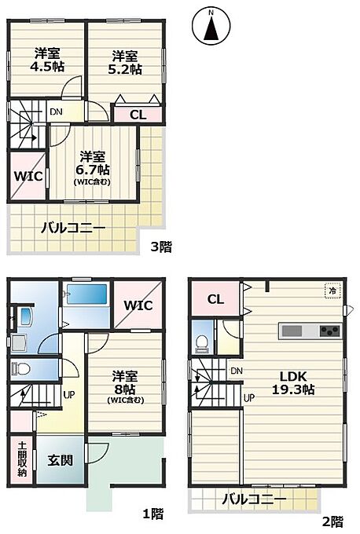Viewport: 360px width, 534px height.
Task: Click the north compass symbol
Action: (x=211, y=26)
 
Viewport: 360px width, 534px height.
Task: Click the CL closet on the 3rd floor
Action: (x=138, y=115)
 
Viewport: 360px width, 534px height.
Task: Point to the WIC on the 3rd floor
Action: (x=28, y=176)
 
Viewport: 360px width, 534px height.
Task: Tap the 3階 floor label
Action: (x=162, y=247)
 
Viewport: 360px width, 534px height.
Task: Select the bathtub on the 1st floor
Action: (x=87, y=294)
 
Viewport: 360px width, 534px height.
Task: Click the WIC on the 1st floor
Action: (x=138, y=305)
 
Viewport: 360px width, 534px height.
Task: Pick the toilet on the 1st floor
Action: (x=20, y=368)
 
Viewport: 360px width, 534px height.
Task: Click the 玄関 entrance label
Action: (x=60, y=460)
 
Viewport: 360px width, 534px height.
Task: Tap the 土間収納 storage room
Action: (x=22, y=459)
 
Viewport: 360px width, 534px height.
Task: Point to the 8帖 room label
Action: (x=125, y=388)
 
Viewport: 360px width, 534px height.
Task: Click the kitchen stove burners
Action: (x=329, y=331)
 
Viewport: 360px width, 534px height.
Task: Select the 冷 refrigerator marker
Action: (x=332, y=291)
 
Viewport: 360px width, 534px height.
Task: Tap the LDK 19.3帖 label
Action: (x=293, y=382)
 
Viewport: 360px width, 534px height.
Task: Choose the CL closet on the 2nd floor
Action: (x=215, y=299)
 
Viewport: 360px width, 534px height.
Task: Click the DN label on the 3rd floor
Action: (x=57, y=112)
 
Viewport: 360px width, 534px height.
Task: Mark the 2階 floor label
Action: (x=332, y=521)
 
